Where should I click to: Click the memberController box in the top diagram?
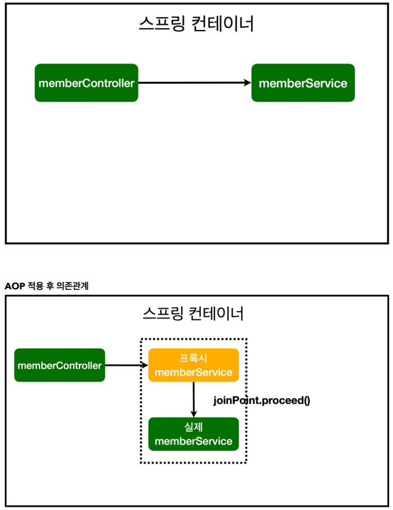pyautogui.click(x=86, y=83)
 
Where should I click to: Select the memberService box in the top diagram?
pyautogui.click(x=303, y=83)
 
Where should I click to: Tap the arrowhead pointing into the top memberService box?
pyautogui.click(x=247, y=83)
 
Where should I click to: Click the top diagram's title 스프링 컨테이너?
pyautogui.click(x=196, y=24)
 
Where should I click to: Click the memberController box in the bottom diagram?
pyautogui.click(x=60, y=365)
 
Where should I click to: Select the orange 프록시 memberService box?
pyautogui.click(x=193, y=365)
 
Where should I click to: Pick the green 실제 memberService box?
pyautogui.click(x=193, y=434)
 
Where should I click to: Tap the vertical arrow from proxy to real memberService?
pyautogui.click(x=193, y=399)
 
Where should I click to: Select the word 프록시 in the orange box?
pyautogui.click(x=193, y=358)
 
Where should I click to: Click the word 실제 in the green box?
pyautogui.click(x=193, y=427)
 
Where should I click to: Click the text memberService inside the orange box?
pyautogui.click(x=193, y=373)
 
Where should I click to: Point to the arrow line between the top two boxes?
pyautogui.click(x=191, y=83)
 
